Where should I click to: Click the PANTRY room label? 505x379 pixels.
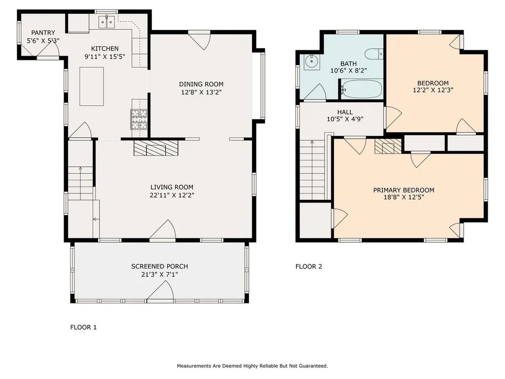(43, 33)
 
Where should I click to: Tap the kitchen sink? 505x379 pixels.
(107, 22)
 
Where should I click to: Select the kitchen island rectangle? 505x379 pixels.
(91, 86)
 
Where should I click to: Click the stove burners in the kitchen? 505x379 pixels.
(139, 119)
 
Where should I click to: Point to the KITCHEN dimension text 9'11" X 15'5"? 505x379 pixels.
(105, 57)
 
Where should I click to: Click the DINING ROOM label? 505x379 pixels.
(201, 84)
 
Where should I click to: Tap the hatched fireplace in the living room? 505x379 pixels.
(156, 148)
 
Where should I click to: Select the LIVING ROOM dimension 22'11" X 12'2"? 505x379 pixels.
(172, 195)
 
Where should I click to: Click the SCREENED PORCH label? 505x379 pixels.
(159, 266)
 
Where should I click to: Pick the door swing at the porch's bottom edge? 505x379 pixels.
(160, 292)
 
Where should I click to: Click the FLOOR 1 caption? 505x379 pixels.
(83, 327)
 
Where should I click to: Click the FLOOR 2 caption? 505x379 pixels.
(309, 266)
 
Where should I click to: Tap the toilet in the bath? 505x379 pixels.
(374, 54)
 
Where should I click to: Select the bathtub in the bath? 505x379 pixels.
(361, 89)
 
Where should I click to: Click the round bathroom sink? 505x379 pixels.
(312, 61)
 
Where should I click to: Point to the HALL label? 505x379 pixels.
(345, 112)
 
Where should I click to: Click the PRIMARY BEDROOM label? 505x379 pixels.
(403, 190)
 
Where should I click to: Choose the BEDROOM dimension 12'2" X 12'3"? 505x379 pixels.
(433, 90)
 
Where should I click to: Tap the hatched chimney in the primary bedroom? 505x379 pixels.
(388, 146)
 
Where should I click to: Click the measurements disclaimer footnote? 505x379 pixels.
(252, 366)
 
